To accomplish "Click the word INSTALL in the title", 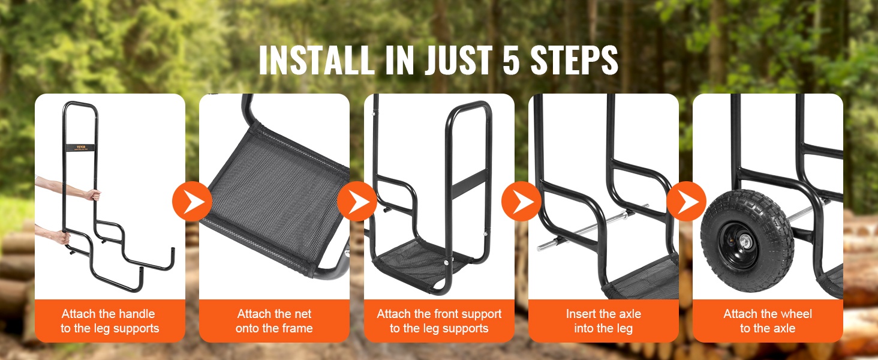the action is point(317,60).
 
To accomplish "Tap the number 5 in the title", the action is point(511,60).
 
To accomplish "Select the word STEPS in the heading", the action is point(574,60).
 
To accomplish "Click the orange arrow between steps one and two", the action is point(192,201).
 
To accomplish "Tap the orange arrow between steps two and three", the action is point(357,201).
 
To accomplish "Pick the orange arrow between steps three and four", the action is point(521,201).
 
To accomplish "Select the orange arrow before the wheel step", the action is point(686,201).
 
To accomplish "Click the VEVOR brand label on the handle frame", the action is point(80,148).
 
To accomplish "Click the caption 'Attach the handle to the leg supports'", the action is point(109,321).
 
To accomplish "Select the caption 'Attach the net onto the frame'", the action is point(274,321).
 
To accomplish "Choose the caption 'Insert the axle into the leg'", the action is point(603,321).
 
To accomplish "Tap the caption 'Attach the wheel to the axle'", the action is point(768,321).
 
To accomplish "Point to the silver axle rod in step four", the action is point(592,227).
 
